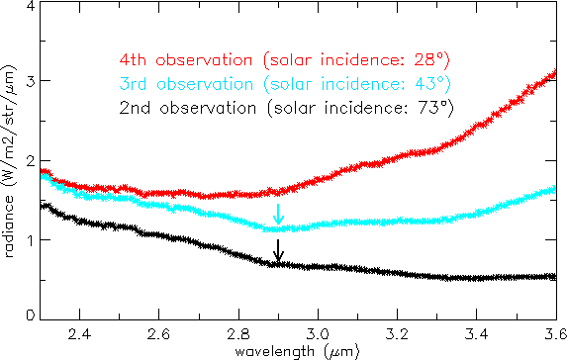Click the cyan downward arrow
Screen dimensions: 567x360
[x=278, y=214]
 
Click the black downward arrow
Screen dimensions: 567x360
[x=278, y=250]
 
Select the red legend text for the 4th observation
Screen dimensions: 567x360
[x=285, y=60]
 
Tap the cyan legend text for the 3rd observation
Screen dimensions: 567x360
[x=285, y=84]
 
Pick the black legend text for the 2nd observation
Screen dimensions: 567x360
[x=286, y=108]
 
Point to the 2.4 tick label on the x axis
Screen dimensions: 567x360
[x=79, y=334]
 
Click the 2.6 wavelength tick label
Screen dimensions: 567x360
[x=158, y=334]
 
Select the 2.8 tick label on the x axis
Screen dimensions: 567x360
[x=238, y=334]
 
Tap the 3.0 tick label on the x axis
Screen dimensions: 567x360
[x=318, y=334]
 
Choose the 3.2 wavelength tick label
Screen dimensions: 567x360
[x=397, y=334]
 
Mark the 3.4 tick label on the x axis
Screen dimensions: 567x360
[x=477, y=334]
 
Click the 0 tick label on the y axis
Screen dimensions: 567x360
[x=31, y=315]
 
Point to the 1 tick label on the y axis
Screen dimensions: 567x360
[x=31, y=240]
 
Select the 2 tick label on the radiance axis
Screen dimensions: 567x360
[x=31, y=161]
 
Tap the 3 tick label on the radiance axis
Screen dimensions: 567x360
[x=31, y=81]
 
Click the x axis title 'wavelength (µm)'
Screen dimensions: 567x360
[x=297, y=351]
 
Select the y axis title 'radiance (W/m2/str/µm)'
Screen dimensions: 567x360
[x=9, y=161]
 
